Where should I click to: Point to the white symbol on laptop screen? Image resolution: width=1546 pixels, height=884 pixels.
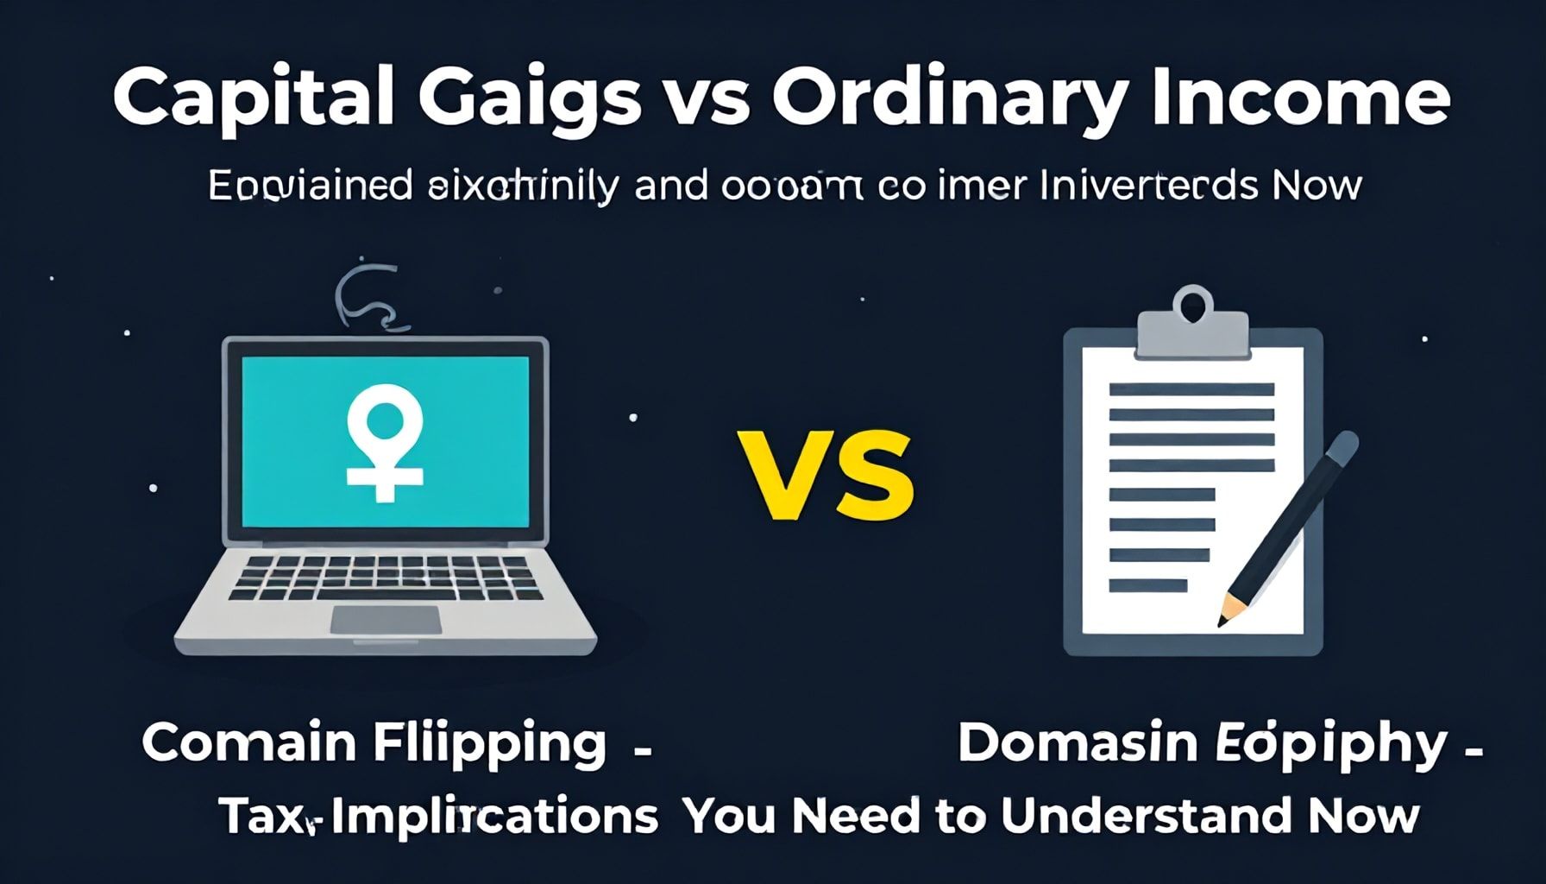385,440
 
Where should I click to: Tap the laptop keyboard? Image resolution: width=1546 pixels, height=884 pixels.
386,578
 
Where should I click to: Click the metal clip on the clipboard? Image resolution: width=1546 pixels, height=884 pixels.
1192,327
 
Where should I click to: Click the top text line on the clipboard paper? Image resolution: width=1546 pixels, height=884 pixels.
1191,389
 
